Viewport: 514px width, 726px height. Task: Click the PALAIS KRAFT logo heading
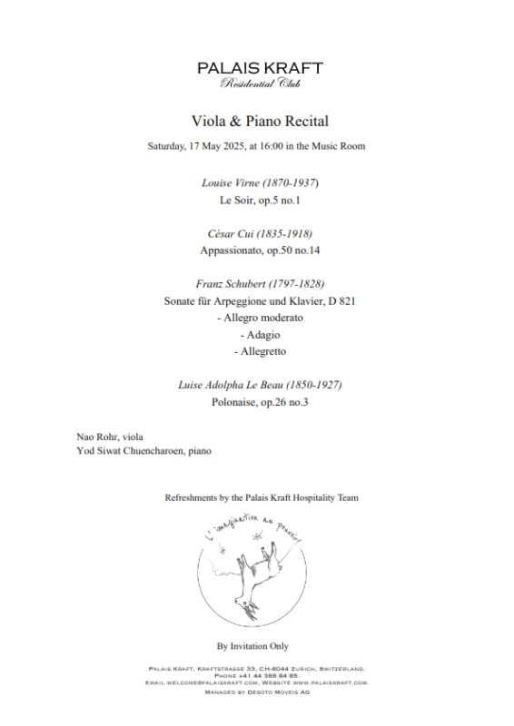pos(260,68)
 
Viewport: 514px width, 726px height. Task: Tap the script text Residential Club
pos(260,84)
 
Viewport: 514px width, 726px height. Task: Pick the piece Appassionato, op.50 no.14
pos(260,249)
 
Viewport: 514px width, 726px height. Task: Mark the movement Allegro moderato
pos(260,318)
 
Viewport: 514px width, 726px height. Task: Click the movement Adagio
pos(260,335)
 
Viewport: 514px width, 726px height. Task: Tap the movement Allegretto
pos(260,351)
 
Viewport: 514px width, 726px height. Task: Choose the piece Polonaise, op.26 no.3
pos(260,402)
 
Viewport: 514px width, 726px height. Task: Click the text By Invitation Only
pos(260,646)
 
